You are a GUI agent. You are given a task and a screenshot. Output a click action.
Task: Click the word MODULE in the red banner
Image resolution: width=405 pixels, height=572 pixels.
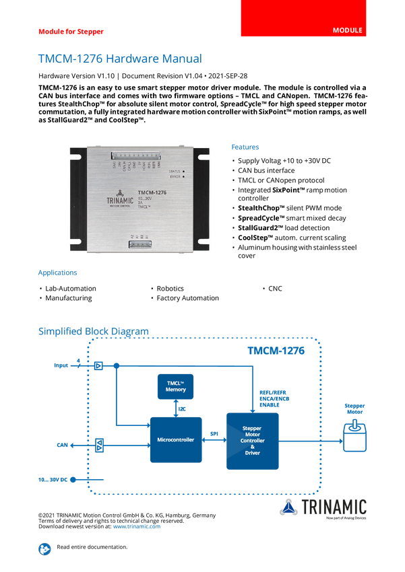[x=348, y=31]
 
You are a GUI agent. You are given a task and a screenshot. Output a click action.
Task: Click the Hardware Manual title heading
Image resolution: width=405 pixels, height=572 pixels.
[x=119, y=59]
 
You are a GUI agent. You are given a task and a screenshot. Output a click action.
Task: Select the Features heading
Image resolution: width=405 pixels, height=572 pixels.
[x=245, y=147]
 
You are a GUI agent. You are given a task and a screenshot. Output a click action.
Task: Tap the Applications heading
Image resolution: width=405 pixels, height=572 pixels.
[x=57, y=273]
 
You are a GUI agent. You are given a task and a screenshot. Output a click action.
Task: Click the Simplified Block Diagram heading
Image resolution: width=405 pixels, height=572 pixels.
[x=93, y=330]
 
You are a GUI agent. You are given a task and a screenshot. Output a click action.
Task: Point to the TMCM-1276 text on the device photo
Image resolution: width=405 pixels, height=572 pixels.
[x=152, y=193]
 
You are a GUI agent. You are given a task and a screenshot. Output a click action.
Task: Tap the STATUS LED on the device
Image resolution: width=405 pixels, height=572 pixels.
[x=184, y=172]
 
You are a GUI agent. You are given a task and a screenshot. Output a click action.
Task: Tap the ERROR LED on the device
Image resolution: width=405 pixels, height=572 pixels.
[x=184, y=178]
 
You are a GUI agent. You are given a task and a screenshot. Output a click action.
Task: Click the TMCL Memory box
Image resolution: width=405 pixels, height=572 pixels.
[x=176, y=386]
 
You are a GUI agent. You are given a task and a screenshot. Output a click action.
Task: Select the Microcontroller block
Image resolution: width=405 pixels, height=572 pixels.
[x=175, y=439]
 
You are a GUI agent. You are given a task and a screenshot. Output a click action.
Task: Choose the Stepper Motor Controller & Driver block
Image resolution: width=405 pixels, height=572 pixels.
[x=252, y=441]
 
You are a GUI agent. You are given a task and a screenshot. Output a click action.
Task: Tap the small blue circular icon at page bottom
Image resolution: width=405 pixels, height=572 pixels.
[x=44, y=548]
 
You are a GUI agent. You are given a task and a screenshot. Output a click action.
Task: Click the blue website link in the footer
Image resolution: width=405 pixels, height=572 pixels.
[x=137, y=526]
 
